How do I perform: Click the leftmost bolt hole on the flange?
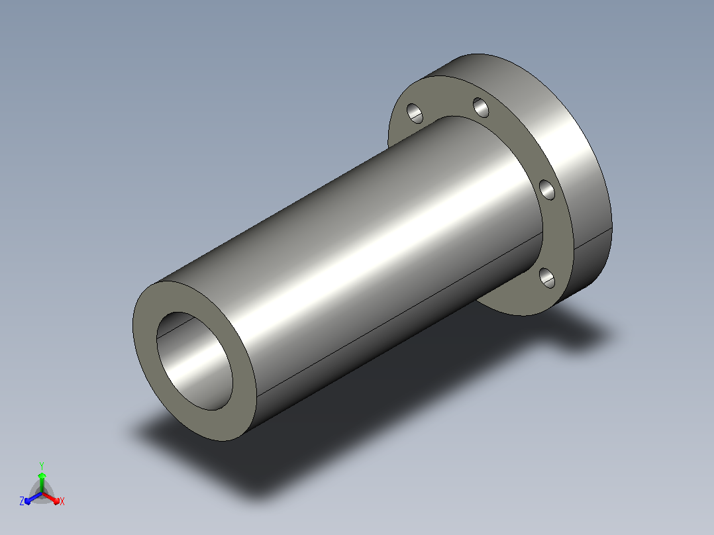tap(415, 113)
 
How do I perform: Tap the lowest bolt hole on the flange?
tap(547, 278)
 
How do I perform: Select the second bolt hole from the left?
tap(481, 107)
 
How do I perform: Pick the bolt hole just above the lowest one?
tap(547, 190)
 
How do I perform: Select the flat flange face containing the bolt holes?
tap(553, 232)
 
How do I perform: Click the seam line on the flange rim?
tap(592, 238)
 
